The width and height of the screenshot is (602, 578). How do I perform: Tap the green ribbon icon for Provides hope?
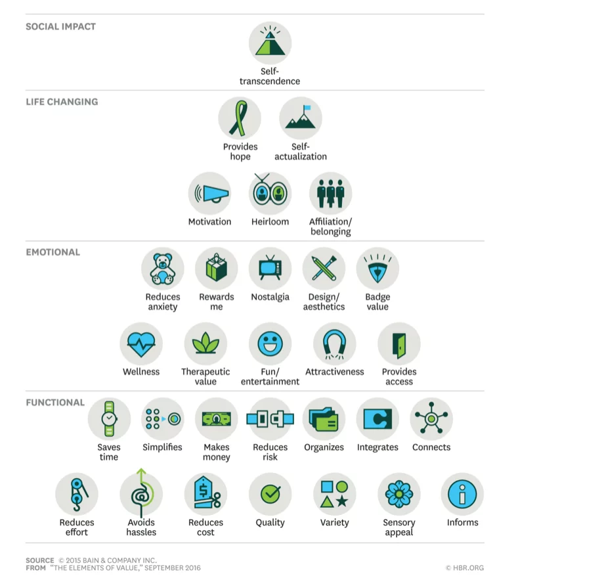(240, 119)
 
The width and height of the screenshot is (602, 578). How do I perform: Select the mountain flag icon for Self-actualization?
(300, 119)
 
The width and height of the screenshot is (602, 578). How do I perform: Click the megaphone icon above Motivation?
(209, 194)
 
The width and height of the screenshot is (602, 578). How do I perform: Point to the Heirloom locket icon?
(270, 194)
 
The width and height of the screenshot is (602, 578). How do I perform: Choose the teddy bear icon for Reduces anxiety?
(162, 269)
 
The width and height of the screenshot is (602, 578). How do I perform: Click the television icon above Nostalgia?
(270, 269)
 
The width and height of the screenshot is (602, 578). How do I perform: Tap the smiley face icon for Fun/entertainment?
(270, 344)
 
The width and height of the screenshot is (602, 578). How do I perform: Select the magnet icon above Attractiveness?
(334, 344)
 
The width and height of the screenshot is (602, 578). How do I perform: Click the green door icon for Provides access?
(398, 344)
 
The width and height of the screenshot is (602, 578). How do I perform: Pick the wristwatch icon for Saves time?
(109, 419)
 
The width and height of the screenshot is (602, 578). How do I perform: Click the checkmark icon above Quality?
(270, 494)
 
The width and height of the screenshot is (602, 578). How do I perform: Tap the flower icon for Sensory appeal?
(398, 494)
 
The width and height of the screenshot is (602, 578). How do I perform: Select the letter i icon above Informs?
(462, 494)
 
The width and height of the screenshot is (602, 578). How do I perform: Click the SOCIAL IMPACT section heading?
(60, 27)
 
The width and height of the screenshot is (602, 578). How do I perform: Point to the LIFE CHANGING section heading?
(62, 102)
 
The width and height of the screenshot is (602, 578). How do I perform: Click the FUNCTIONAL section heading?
(55, 403)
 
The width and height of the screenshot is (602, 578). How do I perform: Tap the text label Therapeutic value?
(205, 376)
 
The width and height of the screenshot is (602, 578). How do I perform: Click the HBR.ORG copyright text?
(464, 567)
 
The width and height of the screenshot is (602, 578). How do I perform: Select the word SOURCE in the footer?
(39, 560)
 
